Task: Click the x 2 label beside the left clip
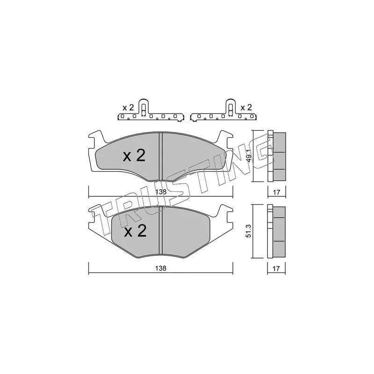pos(128,108)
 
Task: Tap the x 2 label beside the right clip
pos(246,108)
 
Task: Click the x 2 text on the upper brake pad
pos(134,156)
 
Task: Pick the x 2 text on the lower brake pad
pos(135,231)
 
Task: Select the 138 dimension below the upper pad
pos(161,192)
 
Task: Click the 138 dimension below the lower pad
pos(161,269)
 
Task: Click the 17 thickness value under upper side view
pos(276,192)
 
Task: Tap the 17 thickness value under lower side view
pos(276,269)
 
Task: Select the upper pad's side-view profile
pos(276,156)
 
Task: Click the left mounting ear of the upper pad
pos(94,139)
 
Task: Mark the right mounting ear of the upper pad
pos(227,139)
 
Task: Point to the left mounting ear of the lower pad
pos(95,215)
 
